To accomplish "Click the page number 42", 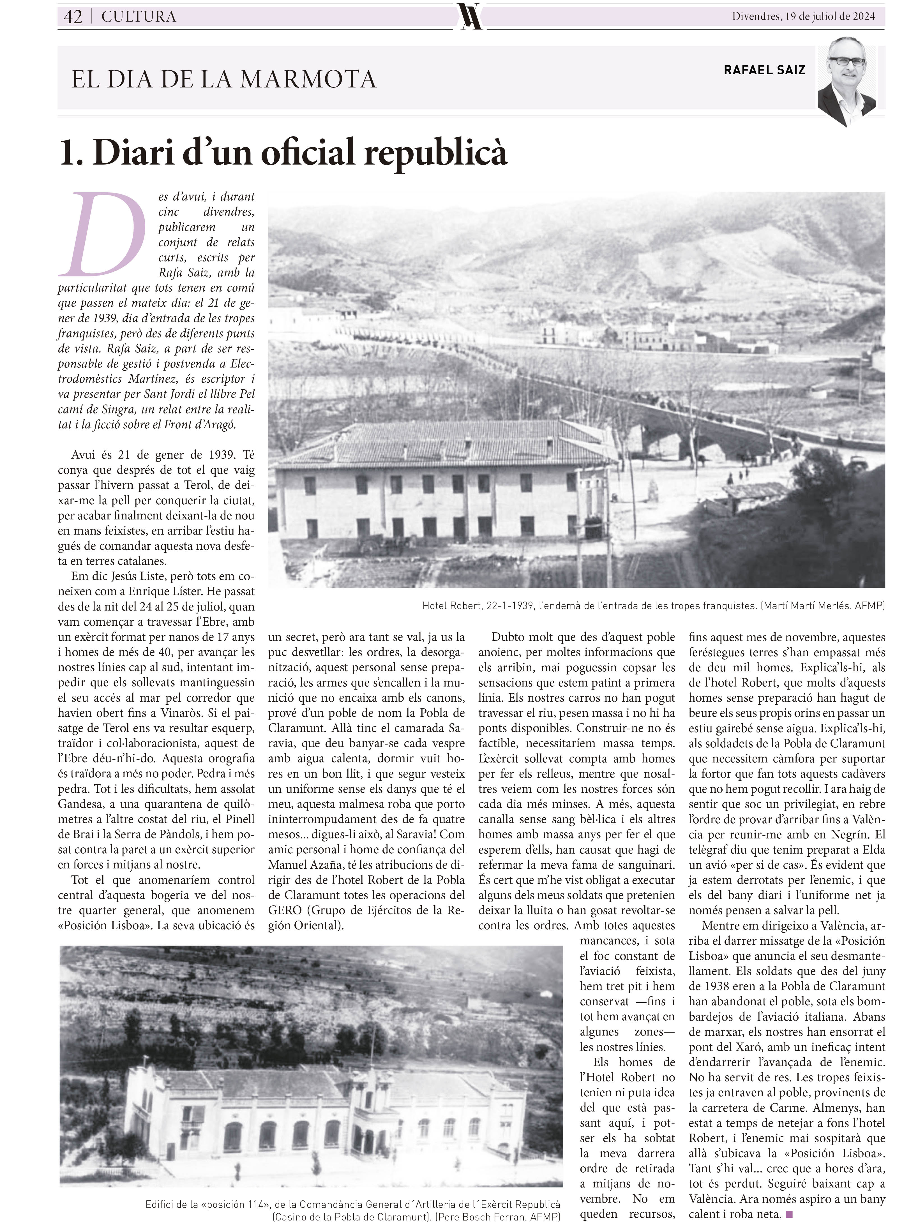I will (x=73, y=17).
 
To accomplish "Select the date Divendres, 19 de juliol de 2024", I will (x=803, y=17).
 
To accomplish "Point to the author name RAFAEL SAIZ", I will (x=764, y=70).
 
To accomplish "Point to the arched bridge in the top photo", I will (x=711, y=424).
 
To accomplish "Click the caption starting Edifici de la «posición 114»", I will (x=353, y=1205).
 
